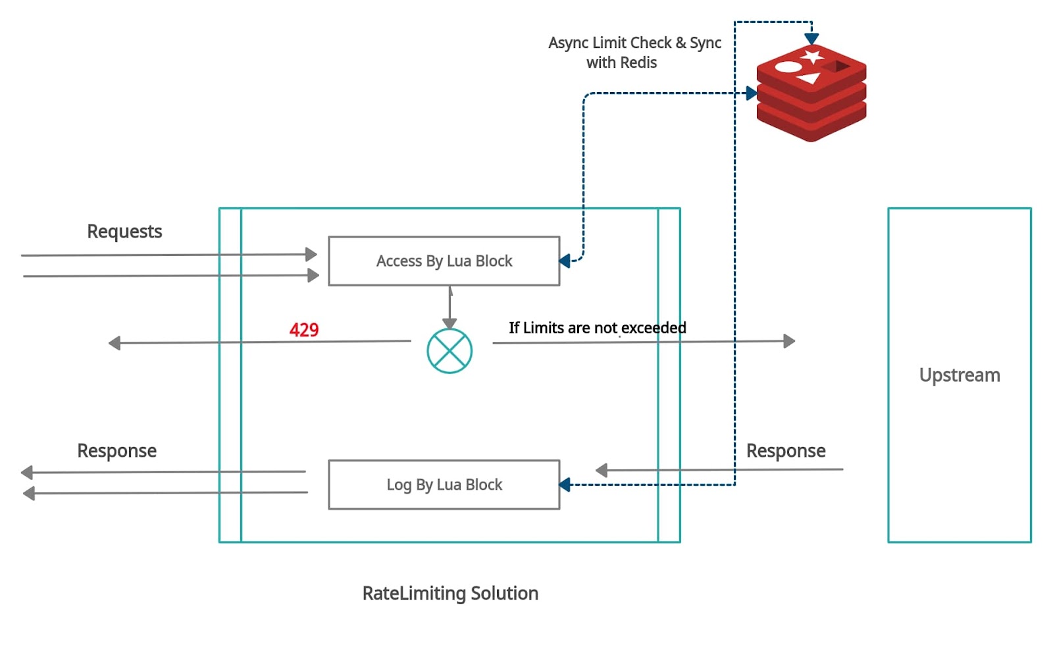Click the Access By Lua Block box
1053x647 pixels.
(x=444, y=261)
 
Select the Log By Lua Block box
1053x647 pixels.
(x=444, y=485)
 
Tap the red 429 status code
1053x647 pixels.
(x=304, y=330)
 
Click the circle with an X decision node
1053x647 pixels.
(x=449, y=351)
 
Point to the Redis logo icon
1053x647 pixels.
(x=811, y=92)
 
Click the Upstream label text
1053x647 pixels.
(x=959, y=375)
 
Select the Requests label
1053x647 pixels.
(x=124, y=232)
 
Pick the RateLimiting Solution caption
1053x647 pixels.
(x=450, y=594)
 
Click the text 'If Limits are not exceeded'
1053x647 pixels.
(x=597, y=328)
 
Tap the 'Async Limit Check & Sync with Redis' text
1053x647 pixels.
(x=634, y=53)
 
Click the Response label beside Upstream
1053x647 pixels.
(x=785, y=451)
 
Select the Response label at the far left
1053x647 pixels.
(x=116, y=451)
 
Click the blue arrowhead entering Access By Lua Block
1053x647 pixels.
(x=565, y=261)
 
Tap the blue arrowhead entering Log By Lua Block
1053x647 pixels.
(x=565, y=485)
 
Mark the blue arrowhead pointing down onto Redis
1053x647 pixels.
(x=811, y=39)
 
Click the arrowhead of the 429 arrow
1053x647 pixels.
(x=115, y=343)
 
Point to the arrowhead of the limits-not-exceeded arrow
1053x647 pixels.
(x=789, y=341)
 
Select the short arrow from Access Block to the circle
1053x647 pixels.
(x=449, y=307)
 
